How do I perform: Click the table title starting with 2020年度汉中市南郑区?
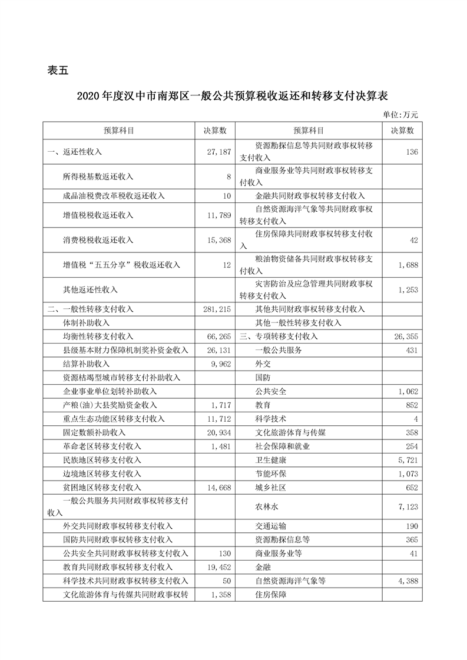click(233, 96)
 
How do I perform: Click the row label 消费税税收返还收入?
click(98, 240)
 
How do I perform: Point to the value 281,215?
click(215, 309)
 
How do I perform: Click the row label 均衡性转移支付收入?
click(98, 336)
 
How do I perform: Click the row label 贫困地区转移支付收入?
click(102, 488)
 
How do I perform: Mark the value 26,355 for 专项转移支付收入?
click(404, 336)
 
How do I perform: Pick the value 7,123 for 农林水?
click(406, 506)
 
